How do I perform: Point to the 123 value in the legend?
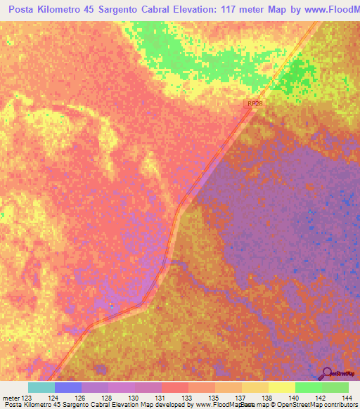tap(27, 398)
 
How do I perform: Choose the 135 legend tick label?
tap(213, 398)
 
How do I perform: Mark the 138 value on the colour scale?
tap(266, 398)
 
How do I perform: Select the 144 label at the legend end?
tap(345, 398)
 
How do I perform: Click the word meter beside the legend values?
tap(11, 398)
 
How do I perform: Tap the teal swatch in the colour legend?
tap(41, 387)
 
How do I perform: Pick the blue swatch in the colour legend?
tap(68, 387)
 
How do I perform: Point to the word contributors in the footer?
tap(336, 404)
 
